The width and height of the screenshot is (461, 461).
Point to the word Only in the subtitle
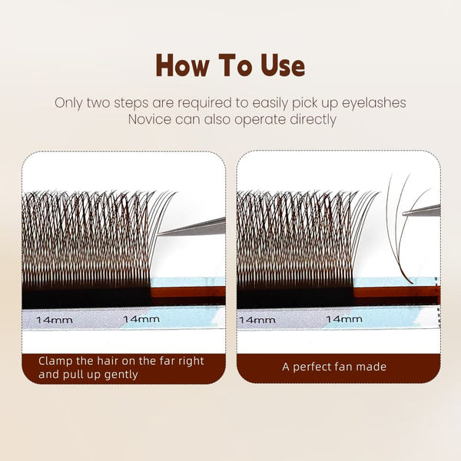69,102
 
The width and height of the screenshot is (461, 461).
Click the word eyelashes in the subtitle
375,102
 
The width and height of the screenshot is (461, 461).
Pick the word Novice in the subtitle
151,119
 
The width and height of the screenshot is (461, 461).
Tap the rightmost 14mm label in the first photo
141,318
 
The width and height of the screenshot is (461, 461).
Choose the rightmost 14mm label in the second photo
344,318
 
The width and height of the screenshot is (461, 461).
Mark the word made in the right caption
378,367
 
